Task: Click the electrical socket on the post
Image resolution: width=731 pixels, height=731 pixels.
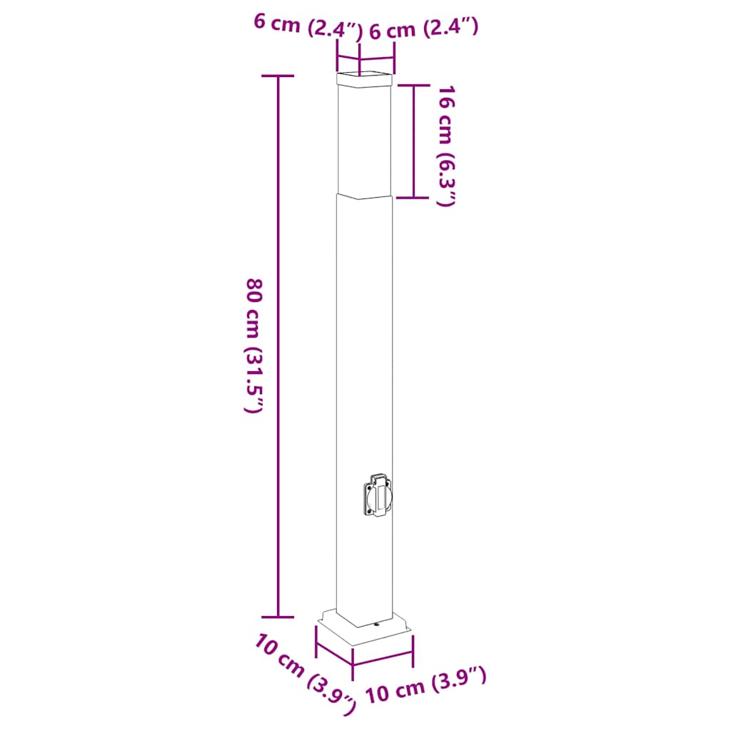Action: click(376, 494)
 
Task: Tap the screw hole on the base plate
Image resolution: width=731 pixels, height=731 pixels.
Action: click(377, 626)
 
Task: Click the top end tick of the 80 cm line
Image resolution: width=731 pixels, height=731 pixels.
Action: click(278, 76)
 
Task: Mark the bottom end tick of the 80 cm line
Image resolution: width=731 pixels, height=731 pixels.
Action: click(278, 616)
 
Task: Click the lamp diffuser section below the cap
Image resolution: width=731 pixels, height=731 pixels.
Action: click(365, 139)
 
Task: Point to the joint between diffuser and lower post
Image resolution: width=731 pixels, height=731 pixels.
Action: click(365, 196)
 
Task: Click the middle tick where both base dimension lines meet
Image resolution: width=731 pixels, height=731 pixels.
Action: click(353, 668)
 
